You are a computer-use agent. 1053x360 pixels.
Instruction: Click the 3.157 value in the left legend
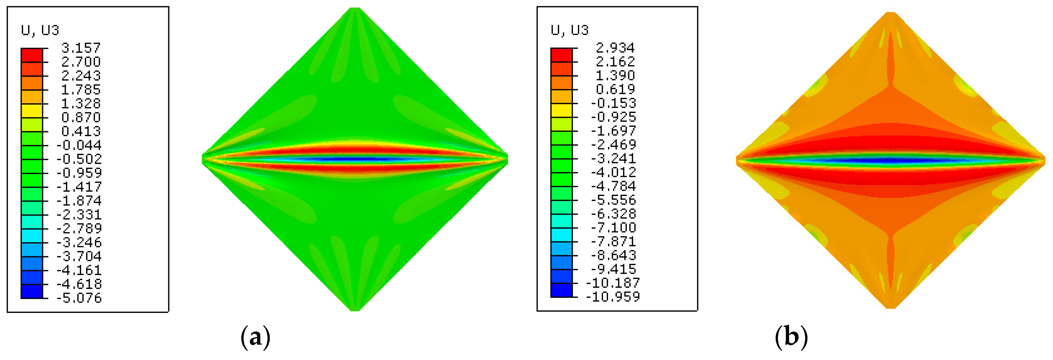point(81,48)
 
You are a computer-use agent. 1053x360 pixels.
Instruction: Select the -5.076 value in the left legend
point(79,298)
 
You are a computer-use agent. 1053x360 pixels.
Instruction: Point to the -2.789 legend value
point(79,228)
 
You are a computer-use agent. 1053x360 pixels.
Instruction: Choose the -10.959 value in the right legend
point(613,297)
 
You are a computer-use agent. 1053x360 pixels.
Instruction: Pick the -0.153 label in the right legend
point(614,103)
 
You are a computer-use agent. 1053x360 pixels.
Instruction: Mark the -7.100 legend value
point(614,227)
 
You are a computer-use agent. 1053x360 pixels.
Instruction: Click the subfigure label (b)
point(791,337)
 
